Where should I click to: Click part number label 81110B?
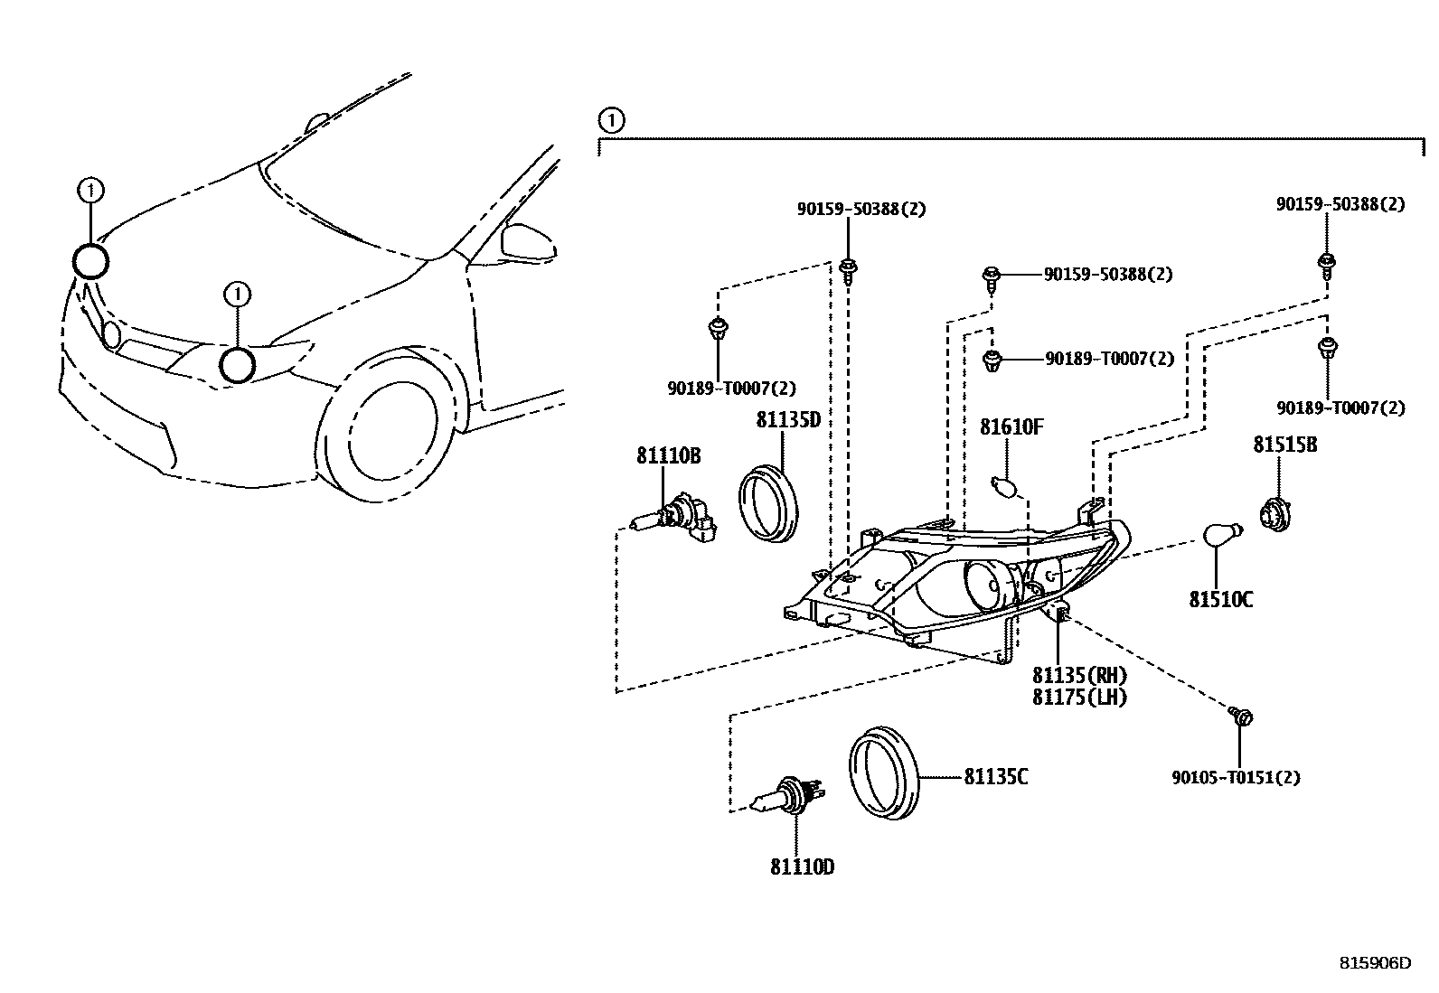pyautogui.click(x=668, y=456)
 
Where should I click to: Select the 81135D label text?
pyautogui.click(x=787, y=420)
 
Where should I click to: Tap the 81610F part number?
pyautogui.click(x=1011, y=426)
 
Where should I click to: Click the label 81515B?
pyautogui.click(x=1284, y=445)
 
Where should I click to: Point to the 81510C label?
pyautogui.click(x=1220, y=599)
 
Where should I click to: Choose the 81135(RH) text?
pyautogui.click(x=1080, y=675)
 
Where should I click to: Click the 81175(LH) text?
pyautogui.click(x=1080, y=697)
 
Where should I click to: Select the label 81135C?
pyautogui.click(x=995, y=776)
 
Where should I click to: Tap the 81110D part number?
pyautogui.click(x=802, y=867)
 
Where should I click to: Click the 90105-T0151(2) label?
pyautogui.click(x=1236, y=777)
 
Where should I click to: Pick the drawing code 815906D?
pyautogui.click(x=1374, y=963)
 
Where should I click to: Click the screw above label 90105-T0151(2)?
pyautogui.click(x=1241, y=717)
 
